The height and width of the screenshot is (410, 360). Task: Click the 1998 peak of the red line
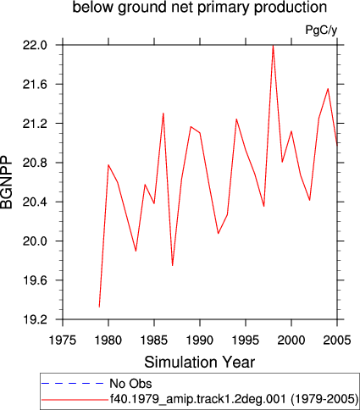point(273,46)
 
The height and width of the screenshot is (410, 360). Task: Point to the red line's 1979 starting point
point(99,307)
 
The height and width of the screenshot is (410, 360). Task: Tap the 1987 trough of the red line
point(172,265)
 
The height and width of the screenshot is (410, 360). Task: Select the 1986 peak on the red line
point(163,114)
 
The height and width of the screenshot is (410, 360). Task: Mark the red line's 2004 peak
point(328,89)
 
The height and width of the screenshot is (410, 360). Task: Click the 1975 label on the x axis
point(63,341)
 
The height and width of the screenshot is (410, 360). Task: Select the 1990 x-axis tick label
point(200,341)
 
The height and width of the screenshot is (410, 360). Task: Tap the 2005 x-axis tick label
point(337,341)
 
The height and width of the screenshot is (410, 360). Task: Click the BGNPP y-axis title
point(7,182)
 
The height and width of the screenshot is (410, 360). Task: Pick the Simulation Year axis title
point(200,362)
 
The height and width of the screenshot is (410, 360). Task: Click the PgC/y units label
point(321,30)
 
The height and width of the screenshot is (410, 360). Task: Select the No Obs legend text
point(130,384)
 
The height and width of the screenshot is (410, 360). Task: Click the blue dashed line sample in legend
point(73,383)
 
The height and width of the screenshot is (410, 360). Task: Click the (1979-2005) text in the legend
point(324,399)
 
